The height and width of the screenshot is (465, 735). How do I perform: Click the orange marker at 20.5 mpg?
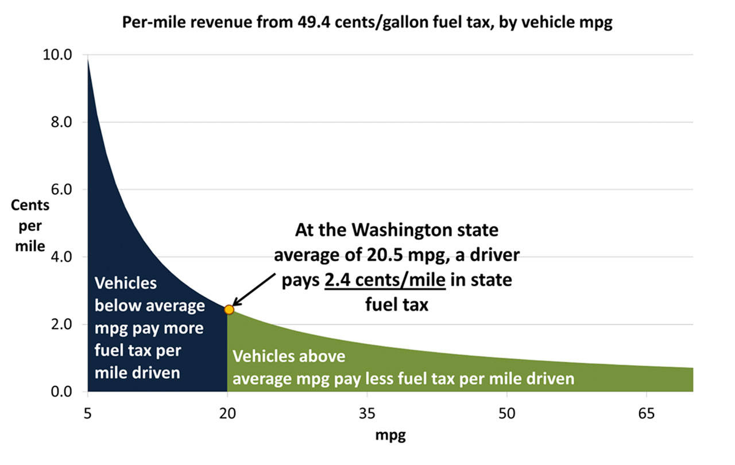click(x=229, y=309)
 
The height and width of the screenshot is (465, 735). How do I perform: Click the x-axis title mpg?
click(x=390, y=436)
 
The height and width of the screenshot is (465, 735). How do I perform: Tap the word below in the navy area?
click(x=115, y=305)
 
